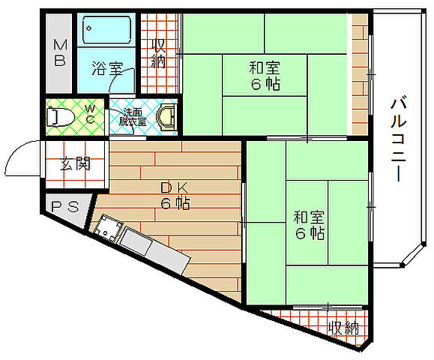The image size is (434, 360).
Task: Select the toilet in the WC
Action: pyautogui.click(x=59, y=117)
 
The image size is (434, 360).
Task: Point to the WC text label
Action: pyautogui.click(x=89, y=115)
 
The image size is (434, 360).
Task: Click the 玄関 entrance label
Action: pyautogui.click(x=76, y=162)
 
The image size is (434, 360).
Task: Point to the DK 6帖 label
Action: pyautogui.click(x=174, y=194)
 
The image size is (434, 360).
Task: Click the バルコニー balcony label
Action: pyautogui.click(x=397, y=139)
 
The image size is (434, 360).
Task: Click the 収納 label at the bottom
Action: pyautogui.click(x=343, y=328)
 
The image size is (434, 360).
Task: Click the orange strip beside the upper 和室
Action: pyautogui.click(x=361, y=75)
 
